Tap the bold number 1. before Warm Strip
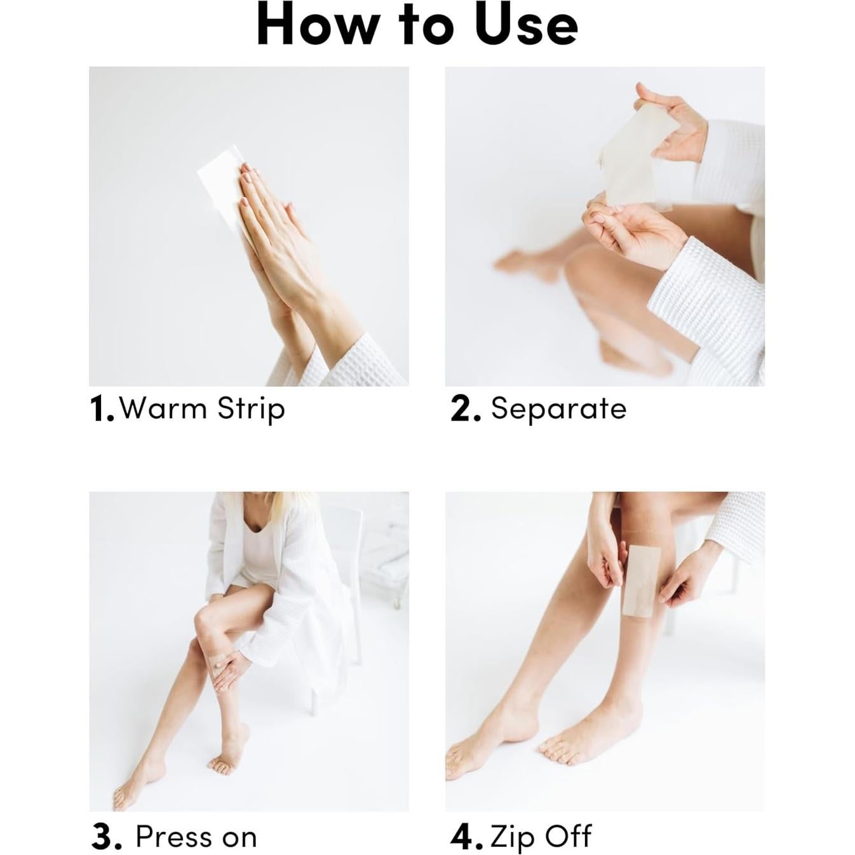[101, 408]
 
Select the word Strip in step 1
[251, 408]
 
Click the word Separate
[558, 408]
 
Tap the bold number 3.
[105, 837]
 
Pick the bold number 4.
[466, 837]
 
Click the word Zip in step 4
[512, 837]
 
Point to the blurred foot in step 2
[521, 264]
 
